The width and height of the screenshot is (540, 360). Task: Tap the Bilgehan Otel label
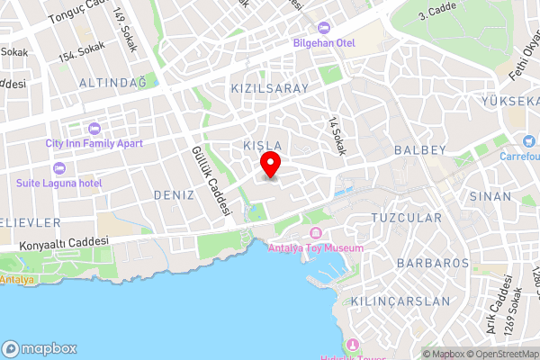[322, 42]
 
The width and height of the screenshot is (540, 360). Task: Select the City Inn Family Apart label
[94, 142]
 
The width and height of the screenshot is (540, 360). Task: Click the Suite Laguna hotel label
[59, 183]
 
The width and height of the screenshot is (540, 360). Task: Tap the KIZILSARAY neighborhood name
[269, 89]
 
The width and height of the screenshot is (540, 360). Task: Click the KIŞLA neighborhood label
[263, 145]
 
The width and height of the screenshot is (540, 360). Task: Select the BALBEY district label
[420, 148]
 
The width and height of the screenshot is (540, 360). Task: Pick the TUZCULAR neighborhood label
[407, 219]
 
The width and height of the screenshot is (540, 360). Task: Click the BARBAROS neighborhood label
[432, 264]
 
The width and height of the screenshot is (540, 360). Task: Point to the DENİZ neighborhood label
[174, 194]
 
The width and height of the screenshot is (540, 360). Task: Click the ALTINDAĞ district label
[87, 83]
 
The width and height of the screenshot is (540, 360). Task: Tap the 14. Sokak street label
[337, 136]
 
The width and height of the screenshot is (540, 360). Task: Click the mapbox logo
[40, 348]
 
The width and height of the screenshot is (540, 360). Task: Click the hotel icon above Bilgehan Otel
[323, 27]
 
